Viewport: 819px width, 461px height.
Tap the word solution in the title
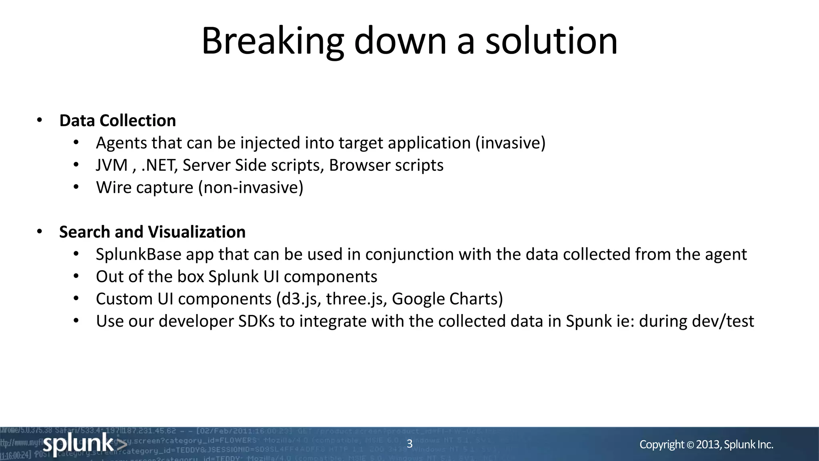pyautogui.click(x=551, y=41)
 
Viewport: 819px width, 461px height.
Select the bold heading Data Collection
pyautogui.click(x=118, y=120)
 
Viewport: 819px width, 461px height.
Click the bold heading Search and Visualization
pyautogui.click(x=152, y=232)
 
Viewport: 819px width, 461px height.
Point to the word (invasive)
pyautogui.click(x=510, y=143)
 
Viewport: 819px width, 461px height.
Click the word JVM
pyautogui.click(x=112, y=165)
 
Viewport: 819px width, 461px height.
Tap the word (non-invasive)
pyautogui.click(x=251, y=188)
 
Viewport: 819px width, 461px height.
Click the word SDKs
pyautogui.click(x=257, y=321)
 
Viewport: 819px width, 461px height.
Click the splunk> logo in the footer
pyautogui.click(x=84, y=444)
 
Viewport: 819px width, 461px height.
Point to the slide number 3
pyautogui.click(x=409, y=444)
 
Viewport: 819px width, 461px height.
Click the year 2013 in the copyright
pyautogui.click(x=708, y=445)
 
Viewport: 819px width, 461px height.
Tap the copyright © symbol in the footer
pyautogui.click(x=691, y=445)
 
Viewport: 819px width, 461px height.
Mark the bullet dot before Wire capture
pyautogui.click(x=76, y=187)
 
